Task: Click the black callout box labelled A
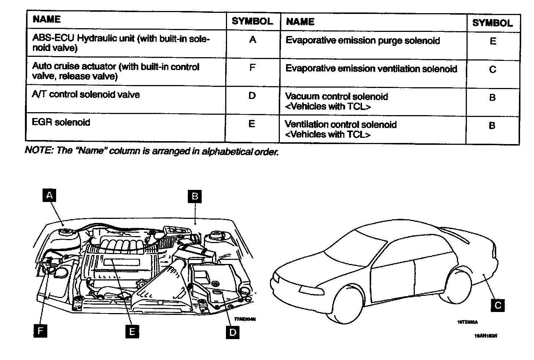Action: (50, 195)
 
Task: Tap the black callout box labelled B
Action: (195, 196)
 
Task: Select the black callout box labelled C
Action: (497, 305)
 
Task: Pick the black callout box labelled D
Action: (232, 332)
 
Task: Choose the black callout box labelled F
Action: (40, 331)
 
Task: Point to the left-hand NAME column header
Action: (47, 19)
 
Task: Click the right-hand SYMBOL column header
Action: (492, 23)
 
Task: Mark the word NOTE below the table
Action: (38, 151)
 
